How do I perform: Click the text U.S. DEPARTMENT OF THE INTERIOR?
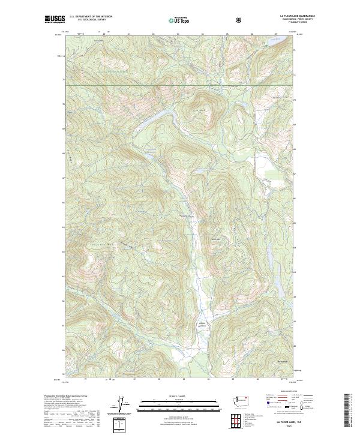coord(91,17)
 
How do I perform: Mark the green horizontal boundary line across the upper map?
coord(180,85)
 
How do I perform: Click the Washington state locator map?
coord(244,400)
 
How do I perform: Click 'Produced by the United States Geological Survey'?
coord(67,397)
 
